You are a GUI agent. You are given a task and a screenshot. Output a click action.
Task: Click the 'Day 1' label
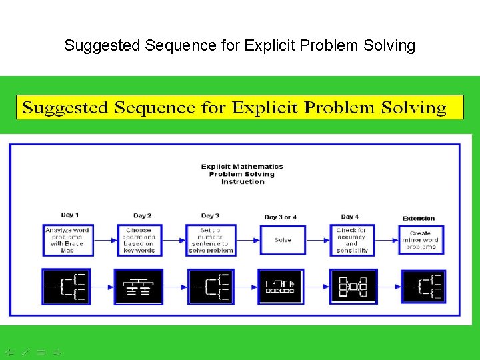[x=69, y=215]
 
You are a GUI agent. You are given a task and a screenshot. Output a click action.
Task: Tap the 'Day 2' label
[x=142, y=215]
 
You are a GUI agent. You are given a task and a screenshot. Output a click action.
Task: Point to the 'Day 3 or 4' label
[x=280, y=217]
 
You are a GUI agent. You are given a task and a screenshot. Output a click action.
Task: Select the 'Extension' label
[x=419, y=218]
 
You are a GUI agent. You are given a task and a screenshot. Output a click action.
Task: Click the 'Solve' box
[x=283, y=240]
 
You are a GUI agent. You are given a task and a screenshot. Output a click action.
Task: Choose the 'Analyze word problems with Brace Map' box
[x=67, y=240]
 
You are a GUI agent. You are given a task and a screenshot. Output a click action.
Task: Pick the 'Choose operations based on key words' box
[x=139, y=240]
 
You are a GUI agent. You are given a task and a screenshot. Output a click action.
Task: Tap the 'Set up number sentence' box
[x=211, y=240]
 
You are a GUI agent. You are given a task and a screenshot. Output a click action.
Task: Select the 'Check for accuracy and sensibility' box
[x=352, y=240]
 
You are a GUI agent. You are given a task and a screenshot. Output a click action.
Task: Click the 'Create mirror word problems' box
[x=421, y=240]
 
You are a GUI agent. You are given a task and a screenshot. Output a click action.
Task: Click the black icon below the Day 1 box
[x=65, y=286]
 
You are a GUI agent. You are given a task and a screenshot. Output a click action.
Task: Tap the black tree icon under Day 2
[x=139, y=287]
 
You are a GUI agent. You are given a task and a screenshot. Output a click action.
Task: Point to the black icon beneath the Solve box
[x=281, y=287]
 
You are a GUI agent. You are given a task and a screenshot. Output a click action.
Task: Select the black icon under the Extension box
[x=424, y=287]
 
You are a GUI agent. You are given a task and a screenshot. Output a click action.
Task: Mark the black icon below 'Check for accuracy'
[x=353, y=287]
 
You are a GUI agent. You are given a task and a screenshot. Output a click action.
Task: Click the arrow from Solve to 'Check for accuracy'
[x=318, y=240]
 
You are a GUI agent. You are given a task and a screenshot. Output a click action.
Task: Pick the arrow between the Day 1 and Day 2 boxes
[x=104, y=240]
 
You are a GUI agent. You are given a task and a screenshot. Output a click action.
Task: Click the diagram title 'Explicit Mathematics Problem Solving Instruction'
[x=242, y=174]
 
